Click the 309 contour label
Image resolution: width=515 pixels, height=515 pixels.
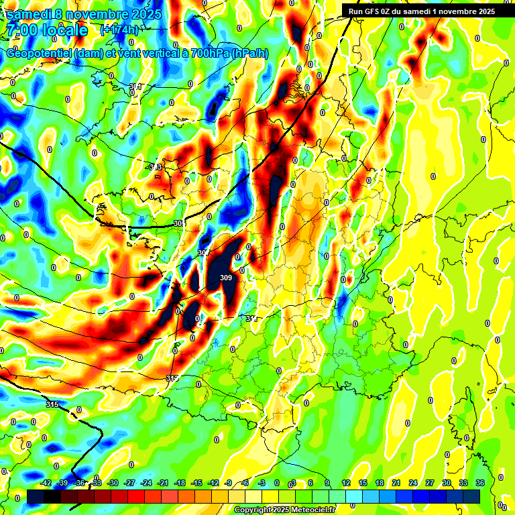pyautogui.click(x=226, y=278)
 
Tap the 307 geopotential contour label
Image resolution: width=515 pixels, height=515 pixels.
pyautogui.click(x=203, y=252)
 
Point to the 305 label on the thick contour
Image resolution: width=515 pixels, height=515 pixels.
pyautogui.click(x=178, y=223)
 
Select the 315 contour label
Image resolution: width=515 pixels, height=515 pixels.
pyautogui.click(x=52, y=404)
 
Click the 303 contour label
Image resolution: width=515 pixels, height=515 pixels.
pyautogui.click(x=155, y=167)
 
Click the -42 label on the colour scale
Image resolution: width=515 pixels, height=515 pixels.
pyautogui.click(x=46, y=483)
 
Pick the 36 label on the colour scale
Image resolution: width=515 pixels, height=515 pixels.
pyautogui.click(x=480, y=483)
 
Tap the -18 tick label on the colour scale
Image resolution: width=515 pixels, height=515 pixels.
pyautogui.click(x=180, y=483)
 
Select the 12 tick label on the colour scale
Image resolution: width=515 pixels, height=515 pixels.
pyautogui.click(x=346, y=483)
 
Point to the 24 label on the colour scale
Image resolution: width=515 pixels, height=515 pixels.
pyautogui.click(x=413, y=483)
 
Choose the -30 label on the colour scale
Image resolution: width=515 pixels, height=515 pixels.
pyautogui.click(x=113, y=483)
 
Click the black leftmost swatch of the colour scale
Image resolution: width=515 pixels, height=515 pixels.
pyautogui.click(x=36, y=496)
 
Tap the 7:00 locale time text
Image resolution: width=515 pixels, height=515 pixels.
pyautogui.click(x=47, y=30)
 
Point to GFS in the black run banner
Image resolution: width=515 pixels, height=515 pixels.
pyautogui.click(x=372, y=11)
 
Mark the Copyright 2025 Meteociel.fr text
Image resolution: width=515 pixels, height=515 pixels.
pyautogui.click(x=284, y=510)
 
